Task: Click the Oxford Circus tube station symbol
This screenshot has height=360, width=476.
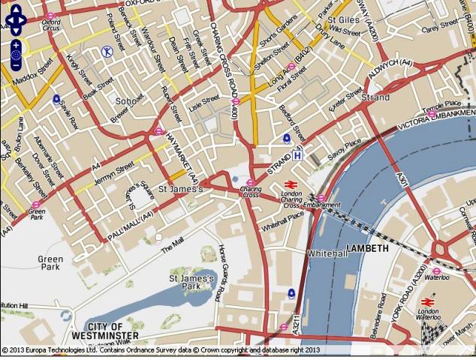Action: [50, 16]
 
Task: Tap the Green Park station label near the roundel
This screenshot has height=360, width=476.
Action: [36, 211]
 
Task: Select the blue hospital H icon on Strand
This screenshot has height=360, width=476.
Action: [298, 155]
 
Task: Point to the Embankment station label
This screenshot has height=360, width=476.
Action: [322, 205]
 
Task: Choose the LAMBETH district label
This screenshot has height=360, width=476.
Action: [367, 247]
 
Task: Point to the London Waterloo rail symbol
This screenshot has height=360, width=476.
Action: [428, 301]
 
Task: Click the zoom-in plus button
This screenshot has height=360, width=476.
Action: [16, 45]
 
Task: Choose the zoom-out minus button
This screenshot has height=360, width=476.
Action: [16, 66]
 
